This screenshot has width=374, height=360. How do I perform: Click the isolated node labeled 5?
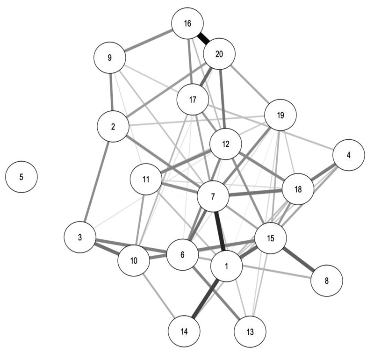coord(21,177)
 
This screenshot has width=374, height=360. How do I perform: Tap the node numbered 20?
coord(219,54)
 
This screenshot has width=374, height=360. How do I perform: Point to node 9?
coord(110,58)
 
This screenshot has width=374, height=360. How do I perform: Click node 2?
coord(113,127)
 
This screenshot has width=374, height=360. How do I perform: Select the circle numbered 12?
coord(226,144)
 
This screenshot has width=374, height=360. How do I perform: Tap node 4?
coord(348,155)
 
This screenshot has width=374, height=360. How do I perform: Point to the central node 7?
coord(213,196)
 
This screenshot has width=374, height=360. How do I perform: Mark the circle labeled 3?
coord(80,238)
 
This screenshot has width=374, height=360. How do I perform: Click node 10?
coord(134,260)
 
